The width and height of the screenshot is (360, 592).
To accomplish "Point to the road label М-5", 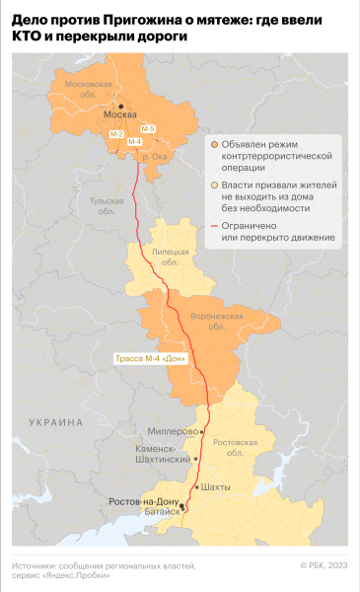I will pyautogui.click(x=147, y=129).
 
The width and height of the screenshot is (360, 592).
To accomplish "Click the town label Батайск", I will pyautogui.click(x=161, y=513).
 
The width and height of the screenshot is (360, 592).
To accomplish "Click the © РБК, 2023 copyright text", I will pyautogui.click(x=324, y=565).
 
